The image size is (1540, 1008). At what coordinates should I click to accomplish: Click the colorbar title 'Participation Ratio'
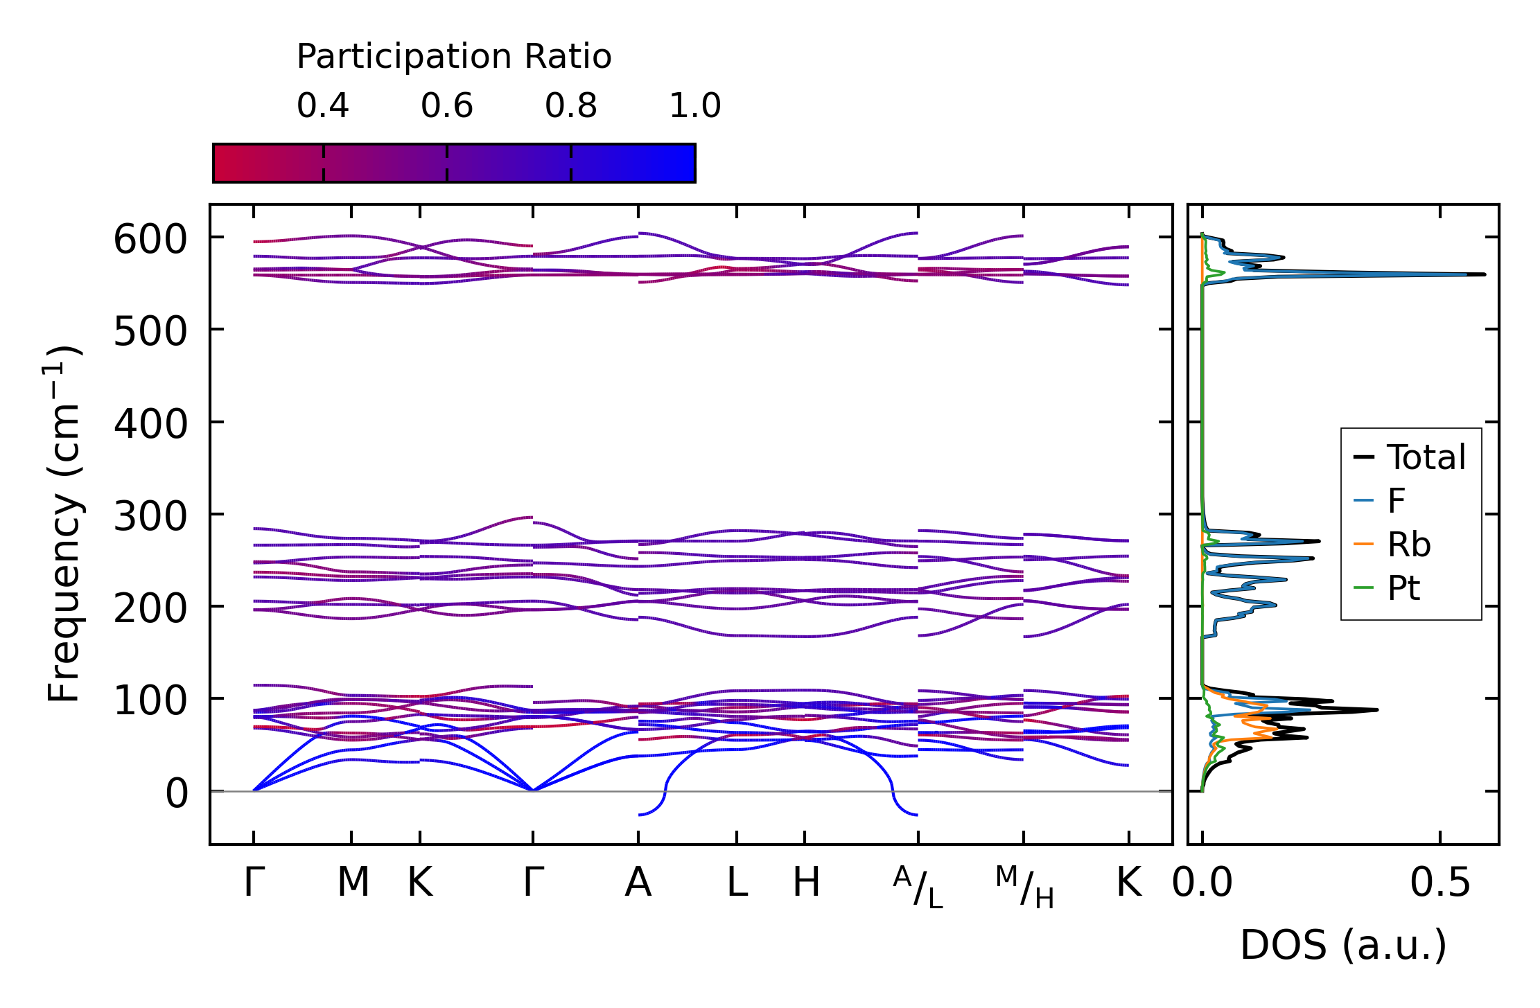click(454, 57)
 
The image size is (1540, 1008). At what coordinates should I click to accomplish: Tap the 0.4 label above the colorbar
click(323, 106)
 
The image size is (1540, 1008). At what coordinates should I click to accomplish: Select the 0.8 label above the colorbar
click(570, 106)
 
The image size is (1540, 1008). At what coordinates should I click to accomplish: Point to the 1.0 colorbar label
click(694, 106)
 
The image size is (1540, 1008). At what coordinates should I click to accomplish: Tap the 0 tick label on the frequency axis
click(176, 794)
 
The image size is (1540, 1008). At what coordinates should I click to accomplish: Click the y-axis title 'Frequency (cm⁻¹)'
click(64, 524)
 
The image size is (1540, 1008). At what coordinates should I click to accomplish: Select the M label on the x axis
click(353, 883)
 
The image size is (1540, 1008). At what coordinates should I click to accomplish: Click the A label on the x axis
click(638, 883)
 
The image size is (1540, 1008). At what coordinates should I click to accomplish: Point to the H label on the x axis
click(806, 883)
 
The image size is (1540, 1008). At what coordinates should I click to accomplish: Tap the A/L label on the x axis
click(918, 887)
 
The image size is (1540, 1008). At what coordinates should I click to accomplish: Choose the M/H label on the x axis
click(1024, 887)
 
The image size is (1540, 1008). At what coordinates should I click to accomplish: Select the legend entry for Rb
click(1408, 545)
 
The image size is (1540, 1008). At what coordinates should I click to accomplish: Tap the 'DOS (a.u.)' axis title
click(1343, 945)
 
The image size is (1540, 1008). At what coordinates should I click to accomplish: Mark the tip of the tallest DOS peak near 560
click(1485, 274)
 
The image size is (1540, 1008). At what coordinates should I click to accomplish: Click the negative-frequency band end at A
click(639, 815)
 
